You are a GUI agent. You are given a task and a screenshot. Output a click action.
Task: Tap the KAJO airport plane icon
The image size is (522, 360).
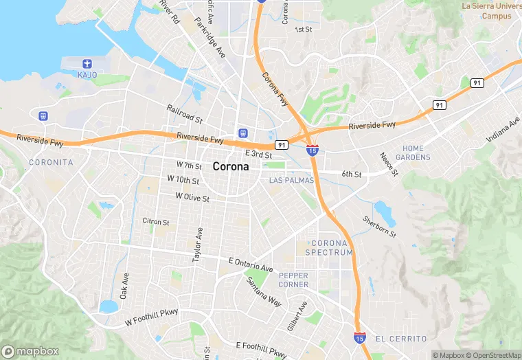coord(87,63)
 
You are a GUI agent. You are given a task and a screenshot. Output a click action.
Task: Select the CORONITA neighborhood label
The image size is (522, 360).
coord(51,162)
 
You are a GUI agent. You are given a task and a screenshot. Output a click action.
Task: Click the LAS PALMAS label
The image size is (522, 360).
coord(291,180)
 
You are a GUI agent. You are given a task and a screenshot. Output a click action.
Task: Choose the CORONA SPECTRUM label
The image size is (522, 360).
coord(332,247)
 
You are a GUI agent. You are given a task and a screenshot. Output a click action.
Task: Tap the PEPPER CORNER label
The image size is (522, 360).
coord(293,280)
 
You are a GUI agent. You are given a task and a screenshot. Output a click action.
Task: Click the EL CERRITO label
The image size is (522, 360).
coord(401,339)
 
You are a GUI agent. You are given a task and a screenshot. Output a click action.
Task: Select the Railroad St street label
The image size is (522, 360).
coord(184,113)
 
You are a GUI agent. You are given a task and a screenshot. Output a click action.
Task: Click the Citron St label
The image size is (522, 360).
coord(155,222)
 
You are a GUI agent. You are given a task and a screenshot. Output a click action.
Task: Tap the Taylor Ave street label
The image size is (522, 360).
coord(198,245)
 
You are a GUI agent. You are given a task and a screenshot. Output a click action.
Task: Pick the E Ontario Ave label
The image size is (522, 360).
coord(251,264)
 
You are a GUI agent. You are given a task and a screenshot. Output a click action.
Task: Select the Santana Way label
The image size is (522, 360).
coord(264,292)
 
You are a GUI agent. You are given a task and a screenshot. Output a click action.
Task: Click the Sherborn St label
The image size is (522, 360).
coord(380,227)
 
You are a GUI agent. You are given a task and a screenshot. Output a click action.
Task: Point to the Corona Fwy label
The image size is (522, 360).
coord(273,89)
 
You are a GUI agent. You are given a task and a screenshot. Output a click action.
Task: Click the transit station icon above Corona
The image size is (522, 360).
coord(242,132)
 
